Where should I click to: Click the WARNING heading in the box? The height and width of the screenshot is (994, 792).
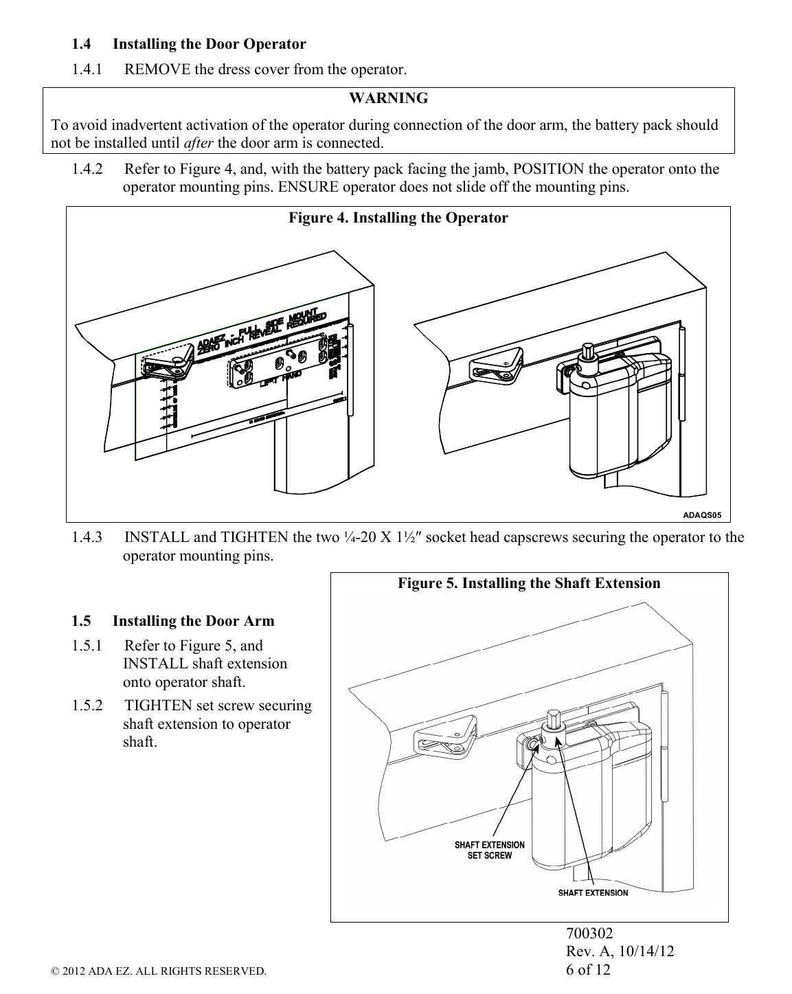coord(388,99)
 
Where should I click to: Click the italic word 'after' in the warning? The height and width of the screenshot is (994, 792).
coord(199,144)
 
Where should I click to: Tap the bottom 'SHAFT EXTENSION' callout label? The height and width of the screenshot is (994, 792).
coord(592,893)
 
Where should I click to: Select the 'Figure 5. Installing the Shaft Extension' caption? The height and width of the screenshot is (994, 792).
coord(529,584)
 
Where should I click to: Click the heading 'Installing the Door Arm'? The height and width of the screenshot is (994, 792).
coord(193,622)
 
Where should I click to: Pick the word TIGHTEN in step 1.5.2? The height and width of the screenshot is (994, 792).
coord(158,706)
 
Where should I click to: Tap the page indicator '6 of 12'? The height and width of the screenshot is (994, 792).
coord(587,970)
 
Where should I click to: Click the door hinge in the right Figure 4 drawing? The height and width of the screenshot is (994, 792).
coord(681,374)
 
